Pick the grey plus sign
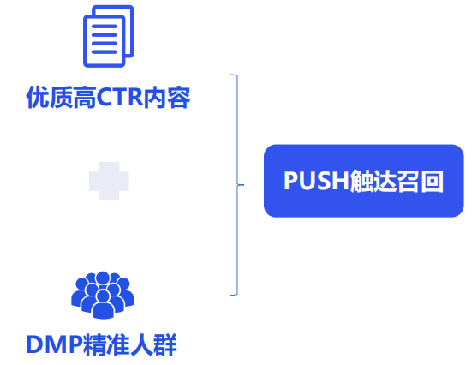(x=110, y=181)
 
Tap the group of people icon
(x=102, y=293)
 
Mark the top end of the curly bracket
(x=232, y=75)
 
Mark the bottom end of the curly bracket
(x=232, y=295)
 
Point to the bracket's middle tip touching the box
(x=242, y=183)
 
